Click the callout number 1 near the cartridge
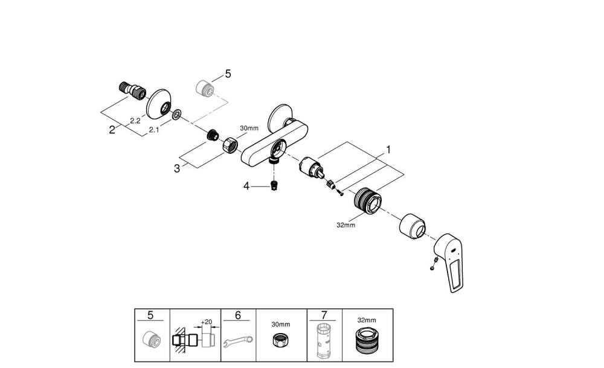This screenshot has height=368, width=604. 389,148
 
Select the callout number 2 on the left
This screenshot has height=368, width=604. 112,130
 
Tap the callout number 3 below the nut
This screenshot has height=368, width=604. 177,169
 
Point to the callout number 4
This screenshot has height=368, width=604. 246,187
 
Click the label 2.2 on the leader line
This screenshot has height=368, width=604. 134,121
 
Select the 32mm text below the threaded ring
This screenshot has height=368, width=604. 346,225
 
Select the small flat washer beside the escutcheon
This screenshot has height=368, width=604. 176,115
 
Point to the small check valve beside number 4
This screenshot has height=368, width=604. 274,186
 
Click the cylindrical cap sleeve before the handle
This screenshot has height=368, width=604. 413,227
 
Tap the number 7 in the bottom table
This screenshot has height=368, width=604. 324,316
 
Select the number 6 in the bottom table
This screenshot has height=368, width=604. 238,316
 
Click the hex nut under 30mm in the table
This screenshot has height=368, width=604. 281,340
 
